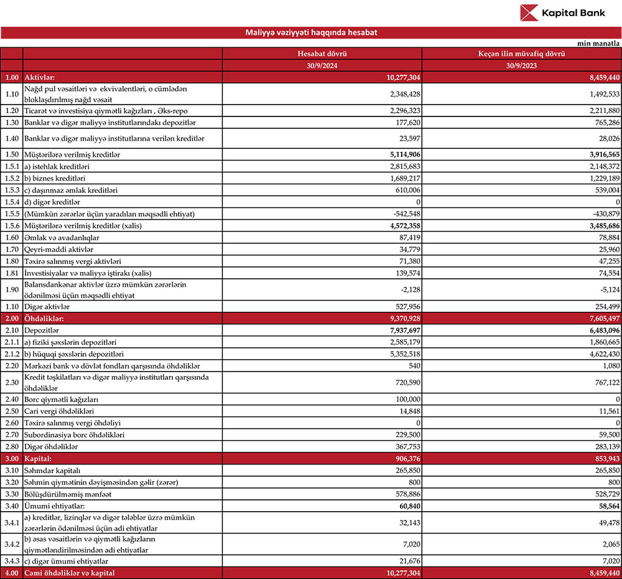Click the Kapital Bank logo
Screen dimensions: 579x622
point(562,13)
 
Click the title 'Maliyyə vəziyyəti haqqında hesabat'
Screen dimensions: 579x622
point(311,32)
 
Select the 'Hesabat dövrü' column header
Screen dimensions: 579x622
point(322,54)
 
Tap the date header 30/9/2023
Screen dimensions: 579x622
point(521,65)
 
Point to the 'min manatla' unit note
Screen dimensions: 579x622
point(598,44)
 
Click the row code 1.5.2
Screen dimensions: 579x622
point(11,178)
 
